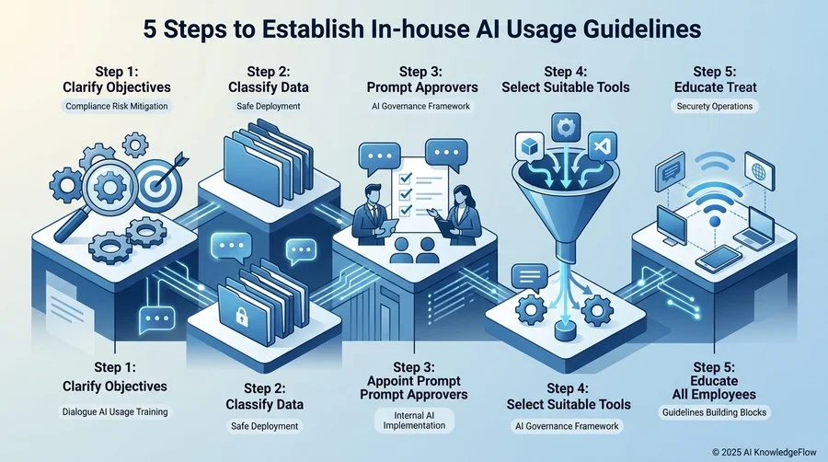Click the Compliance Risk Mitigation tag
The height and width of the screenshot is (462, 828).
pos(117,106)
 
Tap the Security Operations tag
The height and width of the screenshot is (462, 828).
pos(715,106)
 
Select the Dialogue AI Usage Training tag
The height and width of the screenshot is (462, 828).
pos(115,411)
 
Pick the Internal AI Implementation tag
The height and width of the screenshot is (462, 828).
pos(414,421)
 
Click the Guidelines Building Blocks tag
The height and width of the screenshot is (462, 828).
pos(714,412)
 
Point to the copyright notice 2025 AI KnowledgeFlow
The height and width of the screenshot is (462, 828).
pos(765,452)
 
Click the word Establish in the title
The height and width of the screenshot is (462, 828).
pos(305,29)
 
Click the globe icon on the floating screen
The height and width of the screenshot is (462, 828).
pos(759,171)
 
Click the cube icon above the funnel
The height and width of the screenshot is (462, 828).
pos(530,146)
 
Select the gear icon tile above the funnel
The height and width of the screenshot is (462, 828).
pos(566,128)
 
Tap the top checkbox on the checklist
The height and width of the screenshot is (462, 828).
pos(406,179)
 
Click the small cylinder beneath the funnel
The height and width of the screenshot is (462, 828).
pos(565,331)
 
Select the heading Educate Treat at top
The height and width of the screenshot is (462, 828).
pos(715,87)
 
